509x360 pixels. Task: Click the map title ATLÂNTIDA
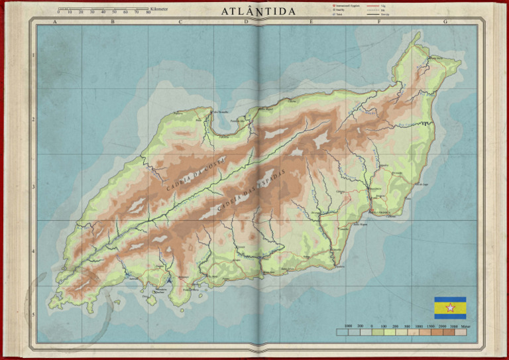(254, 12)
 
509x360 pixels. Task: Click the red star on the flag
(449, 308)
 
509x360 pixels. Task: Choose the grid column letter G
(445, 22)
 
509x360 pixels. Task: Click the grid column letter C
(180, 22)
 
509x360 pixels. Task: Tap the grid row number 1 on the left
(34, 56)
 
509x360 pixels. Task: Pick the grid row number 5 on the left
(34, 315)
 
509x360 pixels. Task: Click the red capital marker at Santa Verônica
(370, 211)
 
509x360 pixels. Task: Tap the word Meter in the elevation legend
(467, 327)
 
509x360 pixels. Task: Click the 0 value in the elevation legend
(372, 327)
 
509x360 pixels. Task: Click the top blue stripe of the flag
(449, 300)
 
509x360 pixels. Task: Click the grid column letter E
(311, 22)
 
